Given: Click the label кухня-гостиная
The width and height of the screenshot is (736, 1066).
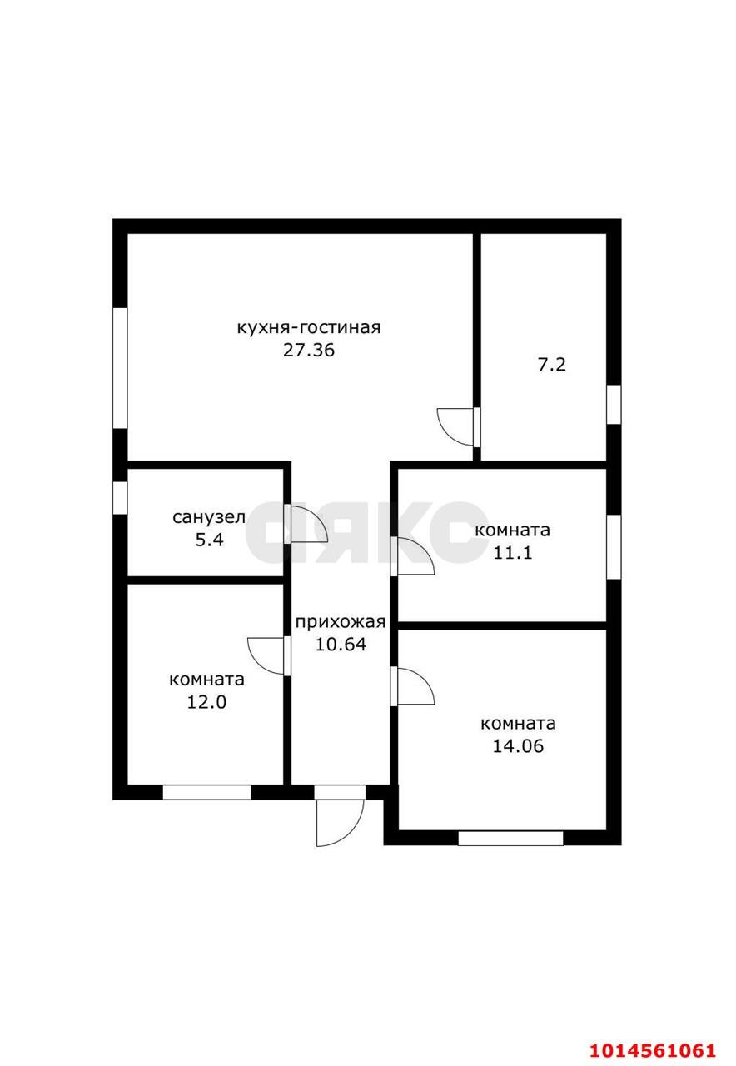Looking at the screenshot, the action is point(309,328).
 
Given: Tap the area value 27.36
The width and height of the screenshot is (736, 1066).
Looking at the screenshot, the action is point(309,351).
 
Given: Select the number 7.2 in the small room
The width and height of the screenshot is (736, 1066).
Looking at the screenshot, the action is point(551,365).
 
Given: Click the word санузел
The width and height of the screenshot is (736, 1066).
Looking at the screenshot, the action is point(209,517).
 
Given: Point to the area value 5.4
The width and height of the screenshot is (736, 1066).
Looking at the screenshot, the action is point(209,540).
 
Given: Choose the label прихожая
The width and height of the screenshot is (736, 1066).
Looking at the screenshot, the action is point(341,622).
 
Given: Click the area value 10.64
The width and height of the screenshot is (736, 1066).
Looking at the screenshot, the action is point(341,645).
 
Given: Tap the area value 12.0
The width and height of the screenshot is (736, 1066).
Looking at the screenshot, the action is point(206,702).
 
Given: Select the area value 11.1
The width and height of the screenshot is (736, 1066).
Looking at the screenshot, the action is point(512,553).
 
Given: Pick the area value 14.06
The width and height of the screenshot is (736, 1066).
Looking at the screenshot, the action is point(518,745).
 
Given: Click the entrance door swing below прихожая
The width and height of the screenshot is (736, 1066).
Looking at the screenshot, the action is point(340,823).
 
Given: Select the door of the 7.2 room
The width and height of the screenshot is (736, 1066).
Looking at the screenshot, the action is point(458,426).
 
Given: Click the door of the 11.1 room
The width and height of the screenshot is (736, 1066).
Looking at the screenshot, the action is point(412,556).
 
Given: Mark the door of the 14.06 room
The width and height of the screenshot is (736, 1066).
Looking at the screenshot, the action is point(412,685).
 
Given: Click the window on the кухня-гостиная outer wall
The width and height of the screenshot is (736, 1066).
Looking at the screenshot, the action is point(120,368).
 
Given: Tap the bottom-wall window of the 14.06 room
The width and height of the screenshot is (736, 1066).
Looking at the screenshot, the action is point(510,839).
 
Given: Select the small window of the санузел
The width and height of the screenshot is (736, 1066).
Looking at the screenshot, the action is point(120,498).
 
